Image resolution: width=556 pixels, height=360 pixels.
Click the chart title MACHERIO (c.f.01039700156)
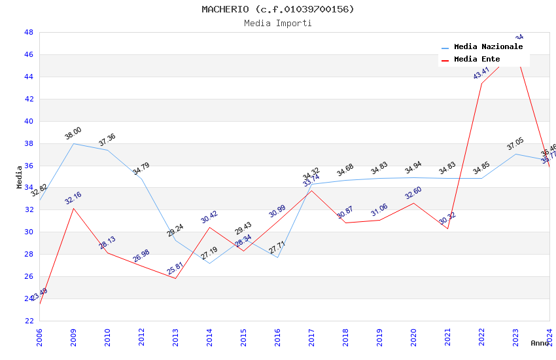tap(277, 9)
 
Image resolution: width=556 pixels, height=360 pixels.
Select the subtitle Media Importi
tap(277, 23)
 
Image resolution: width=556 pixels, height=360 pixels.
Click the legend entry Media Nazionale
tap(488, 47)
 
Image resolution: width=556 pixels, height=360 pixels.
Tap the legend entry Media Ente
tap(476, 60)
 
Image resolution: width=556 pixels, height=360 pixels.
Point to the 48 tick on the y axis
tap(29, 32)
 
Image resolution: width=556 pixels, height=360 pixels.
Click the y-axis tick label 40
tap(29, 121)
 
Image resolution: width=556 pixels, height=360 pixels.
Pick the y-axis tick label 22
tap(29, 321)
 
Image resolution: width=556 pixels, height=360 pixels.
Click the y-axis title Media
tap(20, 177)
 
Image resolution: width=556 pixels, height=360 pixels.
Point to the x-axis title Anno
tap(540, 343)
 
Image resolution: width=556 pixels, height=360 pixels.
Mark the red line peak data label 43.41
tap(481, 73)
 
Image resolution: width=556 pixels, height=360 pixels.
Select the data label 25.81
tap(175, 268)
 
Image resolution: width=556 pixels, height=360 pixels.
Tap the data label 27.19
tap(209, 253)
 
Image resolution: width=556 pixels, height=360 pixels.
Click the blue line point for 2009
tap(73, 143)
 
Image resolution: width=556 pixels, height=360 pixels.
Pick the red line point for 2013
tap(175, 278)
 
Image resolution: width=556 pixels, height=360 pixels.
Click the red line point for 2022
tap(481, 83)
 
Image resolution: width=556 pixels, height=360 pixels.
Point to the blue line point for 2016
tap(277, 257)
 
